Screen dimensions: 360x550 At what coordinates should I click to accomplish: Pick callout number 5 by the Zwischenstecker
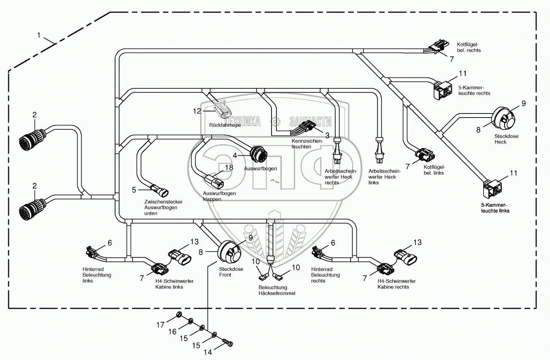pos(134,189)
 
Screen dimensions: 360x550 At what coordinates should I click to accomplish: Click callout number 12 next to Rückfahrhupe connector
pos(197,111)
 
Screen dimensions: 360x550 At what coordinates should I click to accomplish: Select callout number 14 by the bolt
pos(208,352)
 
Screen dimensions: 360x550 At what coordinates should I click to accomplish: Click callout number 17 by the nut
pos(161,325)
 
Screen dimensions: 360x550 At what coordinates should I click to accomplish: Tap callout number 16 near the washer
pos(172,332)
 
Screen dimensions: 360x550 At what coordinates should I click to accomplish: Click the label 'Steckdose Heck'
pos(506,139)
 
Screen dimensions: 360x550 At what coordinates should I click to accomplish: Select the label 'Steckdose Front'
pos(231,272)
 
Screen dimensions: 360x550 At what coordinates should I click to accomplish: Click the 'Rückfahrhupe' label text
pos(225,125)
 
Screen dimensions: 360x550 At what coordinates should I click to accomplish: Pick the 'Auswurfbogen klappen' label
pos(219,196)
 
